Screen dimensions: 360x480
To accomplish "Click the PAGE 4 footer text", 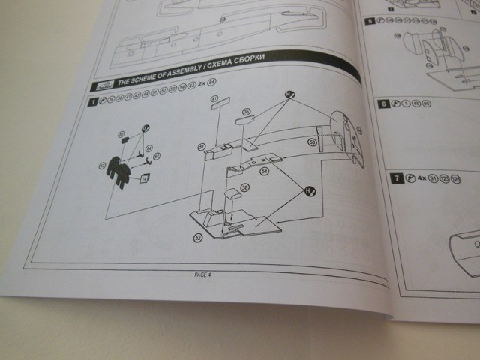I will tap(203, 274).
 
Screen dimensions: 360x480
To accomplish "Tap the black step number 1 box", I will tap(92, 100).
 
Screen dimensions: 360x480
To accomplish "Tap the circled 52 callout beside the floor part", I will tap(198, 237).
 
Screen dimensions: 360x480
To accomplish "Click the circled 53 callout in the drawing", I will tap(311, 142).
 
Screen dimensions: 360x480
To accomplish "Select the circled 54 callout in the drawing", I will tap(264, 172).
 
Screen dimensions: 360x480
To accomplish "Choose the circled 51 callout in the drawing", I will tap(202, 147).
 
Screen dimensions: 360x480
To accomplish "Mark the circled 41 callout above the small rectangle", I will tap(214, 99).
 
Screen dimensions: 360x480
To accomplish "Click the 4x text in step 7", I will tap(421, 178).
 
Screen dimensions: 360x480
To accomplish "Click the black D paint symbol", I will tap(145, 128).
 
